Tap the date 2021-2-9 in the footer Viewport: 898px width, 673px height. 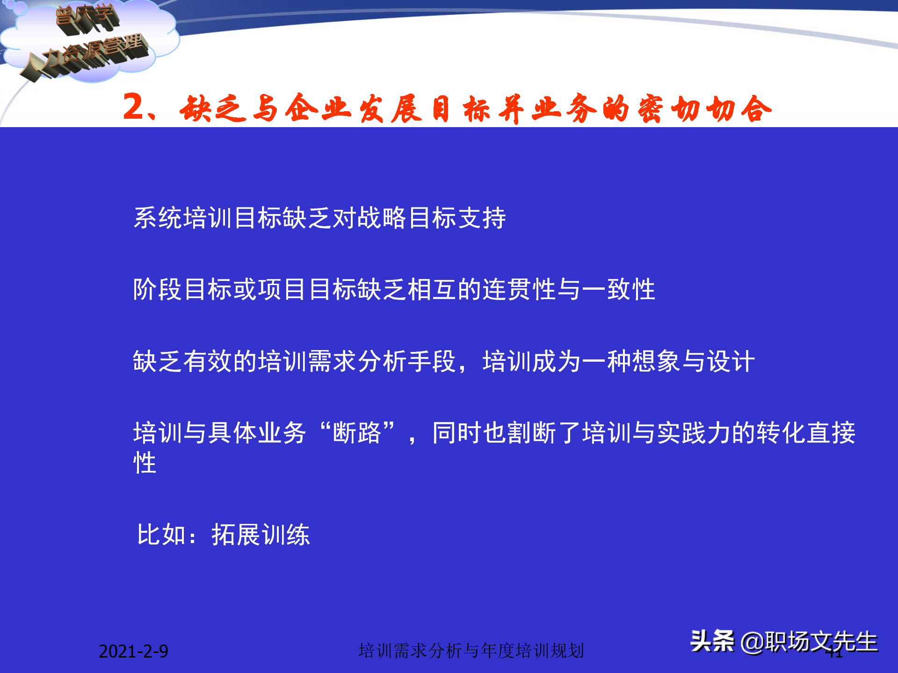133,651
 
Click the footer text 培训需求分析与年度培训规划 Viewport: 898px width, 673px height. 471,651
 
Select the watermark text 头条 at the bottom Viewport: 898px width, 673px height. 712,641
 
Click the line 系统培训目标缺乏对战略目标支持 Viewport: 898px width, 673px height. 319,218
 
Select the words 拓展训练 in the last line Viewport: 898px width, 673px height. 261,535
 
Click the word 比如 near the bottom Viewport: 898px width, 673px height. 161,535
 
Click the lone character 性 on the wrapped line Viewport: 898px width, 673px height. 145,463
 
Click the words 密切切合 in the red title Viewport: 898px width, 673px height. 704,109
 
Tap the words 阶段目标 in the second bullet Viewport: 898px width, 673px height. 182,289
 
